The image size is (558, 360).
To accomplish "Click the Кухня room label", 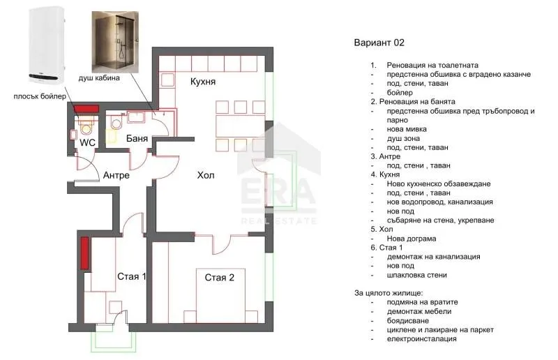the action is (203, 82).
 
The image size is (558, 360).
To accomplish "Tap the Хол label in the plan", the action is (206, 175).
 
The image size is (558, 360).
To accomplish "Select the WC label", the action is (88, 143).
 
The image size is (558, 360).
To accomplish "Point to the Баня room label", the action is (137, 139).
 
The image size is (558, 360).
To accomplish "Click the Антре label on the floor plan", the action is (116, 176).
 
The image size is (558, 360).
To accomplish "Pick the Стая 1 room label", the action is (132, 277).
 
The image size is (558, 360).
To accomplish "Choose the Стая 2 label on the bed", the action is (220, 278).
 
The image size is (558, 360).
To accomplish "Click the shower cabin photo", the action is (115, 42).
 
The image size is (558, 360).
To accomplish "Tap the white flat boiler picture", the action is (47, 45).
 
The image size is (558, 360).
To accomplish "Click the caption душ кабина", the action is (99, 78).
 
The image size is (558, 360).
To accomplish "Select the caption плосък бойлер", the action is (40, 96).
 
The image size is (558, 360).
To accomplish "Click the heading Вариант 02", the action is (379, 43).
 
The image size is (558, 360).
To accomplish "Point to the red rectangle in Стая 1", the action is (84, 253).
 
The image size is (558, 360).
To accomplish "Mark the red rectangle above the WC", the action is (86, 109).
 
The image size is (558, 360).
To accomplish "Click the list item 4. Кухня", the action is (385, 174).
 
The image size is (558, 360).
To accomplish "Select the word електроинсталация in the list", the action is (422, 338).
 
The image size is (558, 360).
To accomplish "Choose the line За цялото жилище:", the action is (389, 293).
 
